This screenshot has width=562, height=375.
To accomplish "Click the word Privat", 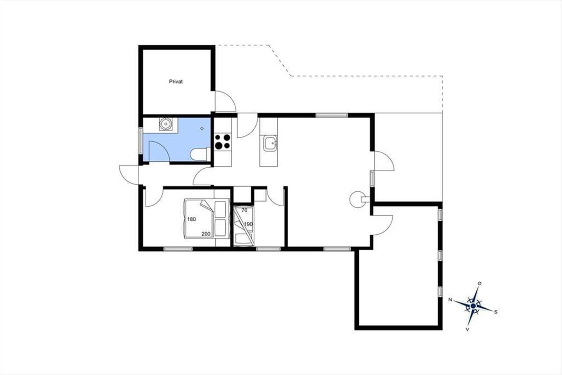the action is pos(176,82).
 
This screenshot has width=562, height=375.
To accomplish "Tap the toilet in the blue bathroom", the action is pos(200,154).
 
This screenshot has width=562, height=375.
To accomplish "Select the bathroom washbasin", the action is pos(166,124).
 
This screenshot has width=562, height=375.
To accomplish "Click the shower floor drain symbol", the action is pos(202,128).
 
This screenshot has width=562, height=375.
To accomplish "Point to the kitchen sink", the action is pos(270,143).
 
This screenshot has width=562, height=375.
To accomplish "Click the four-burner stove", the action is pos(223,142).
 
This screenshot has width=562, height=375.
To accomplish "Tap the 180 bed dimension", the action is pos(192,219).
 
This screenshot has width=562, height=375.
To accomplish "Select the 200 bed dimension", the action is pos(206,234).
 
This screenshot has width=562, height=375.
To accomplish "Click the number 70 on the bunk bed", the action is pos(244,210).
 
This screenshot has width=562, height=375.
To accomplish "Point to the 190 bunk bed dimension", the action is pos(248,224).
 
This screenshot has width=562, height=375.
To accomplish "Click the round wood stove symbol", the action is pos(358,199).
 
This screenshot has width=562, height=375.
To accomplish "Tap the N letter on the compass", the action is pos(450,300).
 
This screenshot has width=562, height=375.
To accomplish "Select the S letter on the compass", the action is pos(495,312).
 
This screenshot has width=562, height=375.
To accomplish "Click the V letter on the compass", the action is pos(467,329).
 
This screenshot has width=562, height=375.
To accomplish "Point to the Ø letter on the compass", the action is pos(480,284).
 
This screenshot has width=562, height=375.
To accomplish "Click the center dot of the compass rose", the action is pos(473,306).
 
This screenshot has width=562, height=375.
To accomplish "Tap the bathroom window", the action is pos(141,140).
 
